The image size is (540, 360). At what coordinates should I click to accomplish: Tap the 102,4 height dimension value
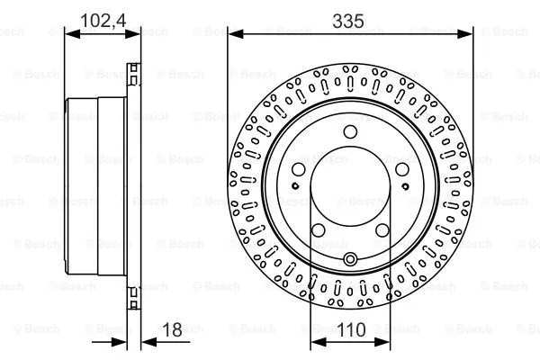coord(103,20)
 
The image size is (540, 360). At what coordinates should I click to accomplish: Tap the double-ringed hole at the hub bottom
coord(350,260)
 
